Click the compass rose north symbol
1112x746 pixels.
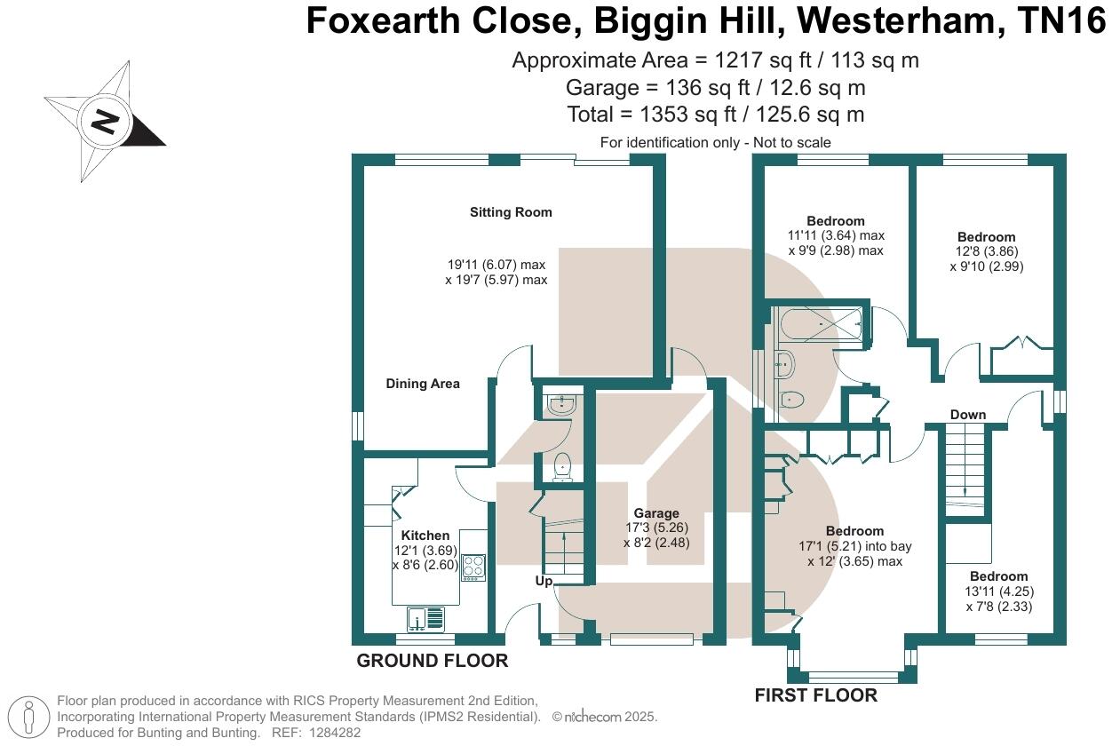[x=105, y=121]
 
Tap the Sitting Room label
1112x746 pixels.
[x=511, y=212]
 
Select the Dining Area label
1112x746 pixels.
[x=423, y=384]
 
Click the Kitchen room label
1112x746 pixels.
[x=425, y=536]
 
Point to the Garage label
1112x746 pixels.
[x=656, y=513]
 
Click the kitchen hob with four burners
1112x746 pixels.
[x=473, y=567]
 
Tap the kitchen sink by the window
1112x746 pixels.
[x=425, y=617]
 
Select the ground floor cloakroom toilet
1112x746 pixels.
[x=561, y=465]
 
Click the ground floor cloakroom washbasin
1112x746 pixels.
[x=561, y=406]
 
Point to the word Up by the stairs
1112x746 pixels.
[x=544, y=581]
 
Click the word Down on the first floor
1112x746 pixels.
[x=967, y=415]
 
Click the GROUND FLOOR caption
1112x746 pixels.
[x=432, y=661]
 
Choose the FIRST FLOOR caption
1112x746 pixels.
[x=815, y=695]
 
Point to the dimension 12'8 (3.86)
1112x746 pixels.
[x=986, y=251]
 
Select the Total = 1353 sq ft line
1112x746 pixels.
[x=715, y=115]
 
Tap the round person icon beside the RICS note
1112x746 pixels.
[x=29, y=717]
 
